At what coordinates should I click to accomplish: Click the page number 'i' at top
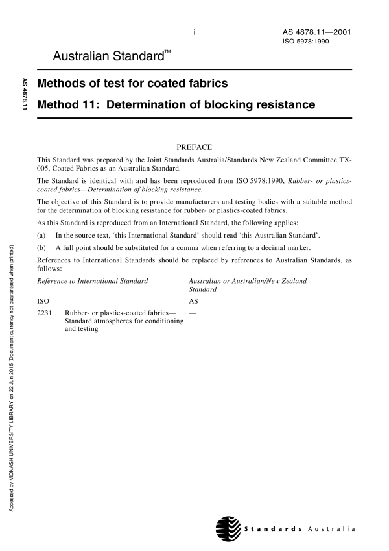pos(194,32)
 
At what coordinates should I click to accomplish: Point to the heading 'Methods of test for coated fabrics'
pos(133,83)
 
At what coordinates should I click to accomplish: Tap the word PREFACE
pos(194,147)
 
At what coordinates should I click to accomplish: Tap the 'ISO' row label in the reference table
pos(43,301)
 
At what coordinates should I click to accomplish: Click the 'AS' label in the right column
pos(193,301)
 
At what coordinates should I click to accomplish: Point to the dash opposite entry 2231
pos(192,313)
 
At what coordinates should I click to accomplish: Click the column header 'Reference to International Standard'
pos(93,280)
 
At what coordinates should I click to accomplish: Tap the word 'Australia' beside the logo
pos(333,528)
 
